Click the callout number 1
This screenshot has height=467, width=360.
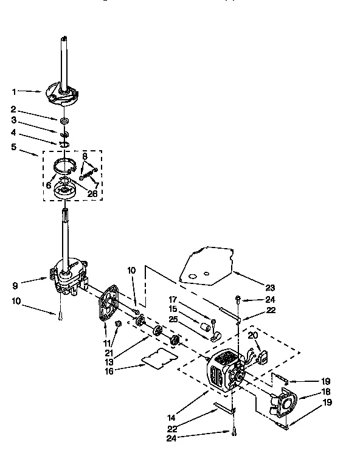pos(14,92)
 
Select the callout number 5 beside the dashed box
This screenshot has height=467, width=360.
pos(14,146)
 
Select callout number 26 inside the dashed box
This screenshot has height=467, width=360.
pos(92,194)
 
